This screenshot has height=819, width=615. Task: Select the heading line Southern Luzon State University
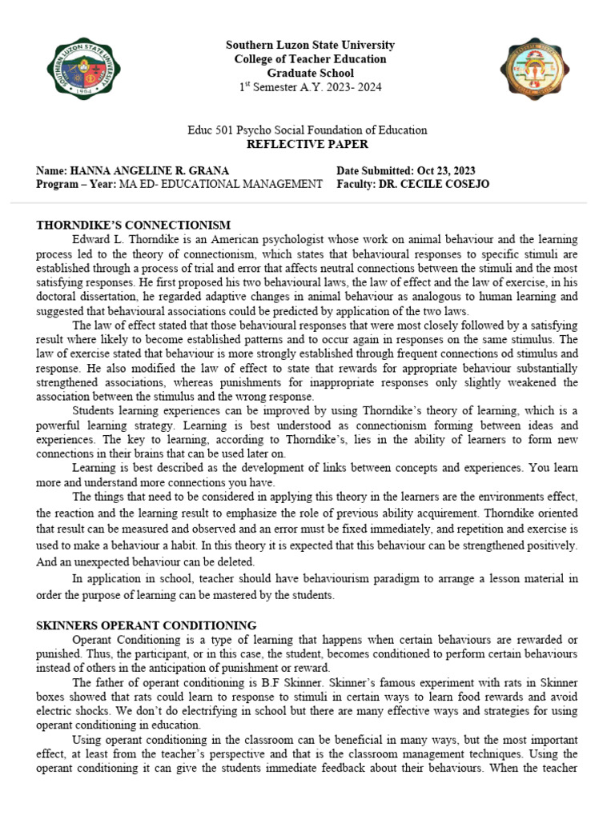pyautogui.click(x=310, y=46)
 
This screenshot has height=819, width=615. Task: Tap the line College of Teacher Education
pyautogui.click(x=310, y=59)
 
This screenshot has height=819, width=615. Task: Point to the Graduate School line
pyautogui.click(x=310, y=73)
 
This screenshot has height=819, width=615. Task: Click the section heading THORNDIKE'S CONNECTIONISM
pyautogui.click(x=133, y=226)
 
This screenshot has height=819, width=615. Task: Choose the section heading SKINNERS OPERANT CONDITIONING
pyautogui.click(x=146, y=625)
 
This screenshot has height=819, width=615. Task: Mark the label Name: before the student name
pyautogui.click(x=52, y=171)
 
